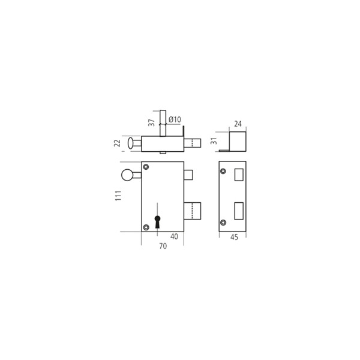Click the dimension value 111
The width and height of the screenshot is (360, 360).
point(118,196)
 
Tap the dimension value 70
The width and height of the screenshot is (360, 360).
point(163,246)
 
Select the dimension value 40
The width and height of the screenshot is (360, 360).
point(174,236)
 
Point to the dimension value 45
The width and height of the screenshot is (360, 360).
point(234,237)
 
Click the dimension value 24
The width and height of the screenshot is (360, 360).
point(238,124)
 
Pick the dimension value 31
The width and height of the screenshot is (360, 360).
point(214,141)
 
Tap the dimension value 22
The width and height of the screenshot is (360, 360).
point(117,143)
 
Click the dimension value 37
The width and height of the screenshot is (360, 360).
point(151,122)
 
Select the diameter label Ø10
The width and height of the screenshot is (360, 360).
point(175,119)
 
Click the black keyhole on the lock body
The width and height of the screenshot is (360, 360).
point(157,222)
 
